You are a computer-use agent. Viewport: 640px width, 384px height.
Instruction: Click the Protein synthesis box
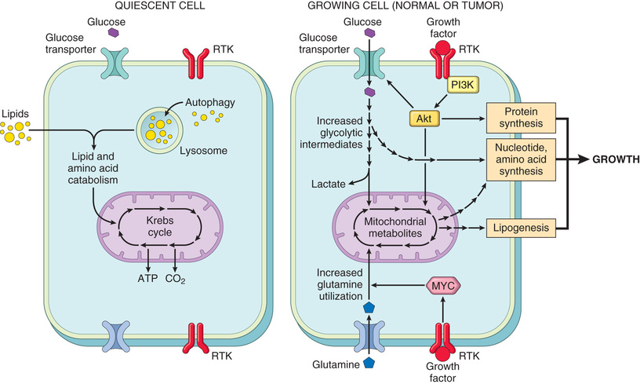(520, 118)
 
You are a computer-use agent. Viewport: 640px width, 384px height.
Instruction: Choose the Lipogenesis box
(520, 229)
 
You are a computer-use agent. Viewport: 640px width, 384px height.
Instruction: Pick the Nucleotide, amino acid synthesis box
(520, 159)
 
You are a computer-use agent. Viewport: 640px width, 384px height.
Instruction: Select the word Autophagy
(208, 102)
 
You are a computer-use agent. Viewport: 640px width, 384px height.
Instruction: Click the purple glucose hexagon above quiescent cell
(114, 33)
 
